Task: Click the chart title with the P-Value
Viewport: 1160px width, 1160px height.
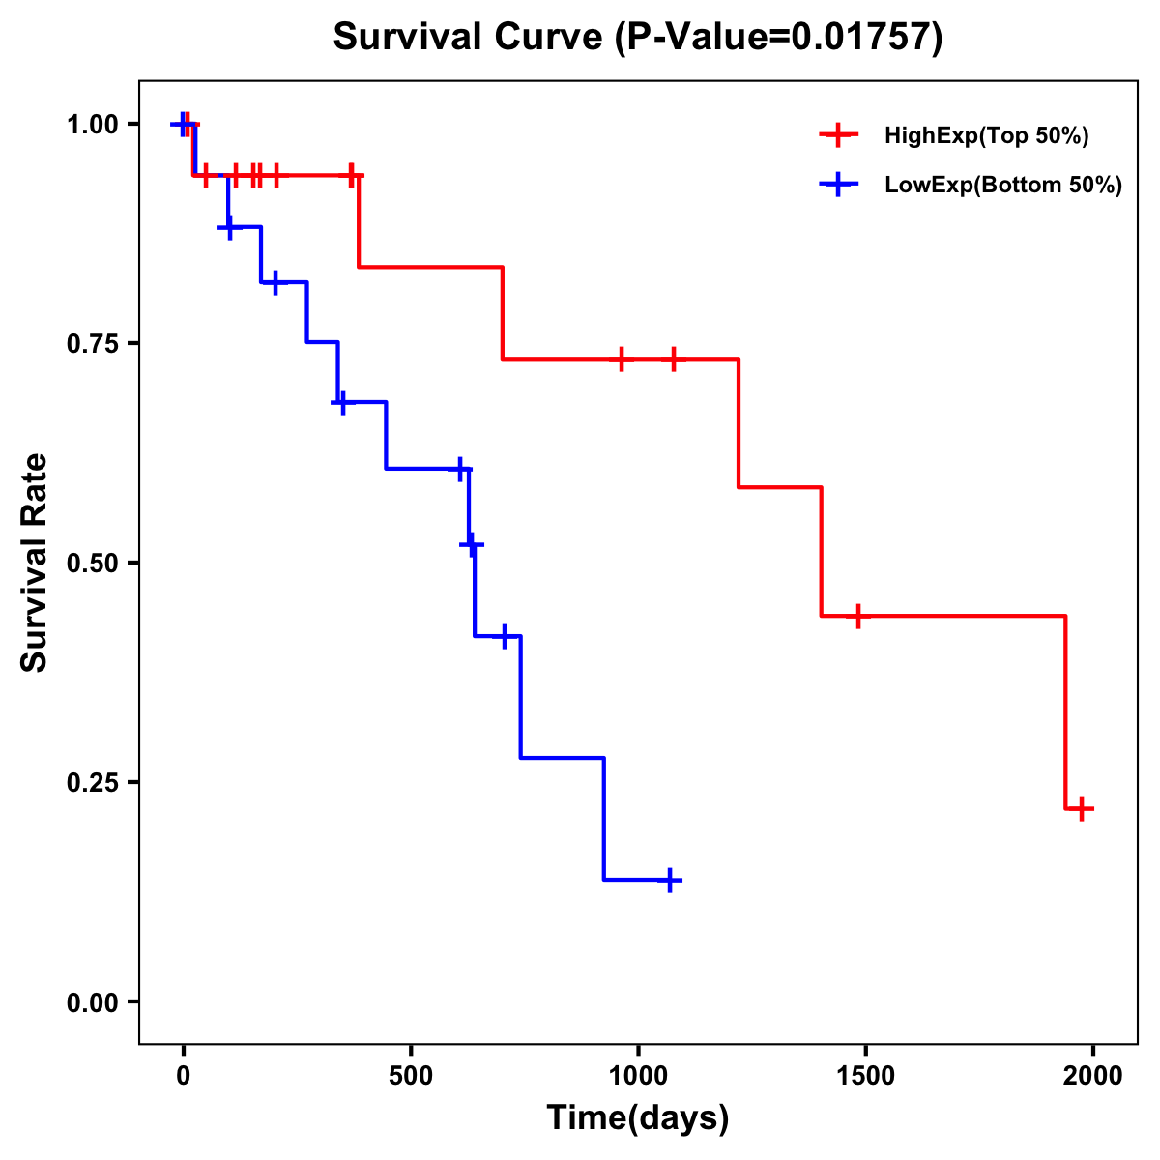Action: coord(637,38)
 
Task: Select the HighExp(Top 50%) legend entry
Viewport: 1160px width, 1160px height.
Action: coord(986,136)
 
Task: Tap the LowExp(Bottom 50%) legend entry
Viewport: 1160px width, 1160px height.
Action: coord(1002,186)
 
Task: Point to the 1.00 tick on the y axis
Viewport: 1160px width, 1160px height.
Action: coord(93,125)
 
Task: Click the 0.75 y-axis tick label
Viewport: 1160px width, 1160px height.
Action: coord(93,344)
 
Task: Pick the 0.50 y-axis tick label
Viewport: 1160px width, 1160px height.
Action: coord(93,564)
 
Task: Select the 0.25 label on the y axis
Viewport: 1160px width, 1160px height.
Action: coord(93,783)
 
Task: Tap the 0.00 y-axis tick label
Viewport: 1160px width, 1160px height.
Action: coord(93,1002)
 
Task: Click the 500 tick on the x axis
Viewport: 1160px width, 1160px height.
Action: coord(411,1076)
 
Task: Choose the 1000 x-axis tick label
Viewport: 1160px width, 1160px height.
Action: coord(638,1076)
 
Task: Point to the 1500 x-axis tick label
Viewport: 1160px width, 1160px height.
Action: coord(865,1076)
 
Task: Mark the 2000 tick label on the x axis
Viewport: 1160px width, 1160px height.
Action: coord(1092,1076)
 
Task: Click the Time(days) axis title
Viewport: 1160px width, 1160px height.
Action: coord(638,1118)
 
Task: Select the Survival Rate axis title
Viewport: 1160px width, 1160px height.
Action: coord(35,563)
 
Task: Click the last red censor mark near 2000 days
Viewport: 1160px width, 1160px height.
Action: coord(1082,809)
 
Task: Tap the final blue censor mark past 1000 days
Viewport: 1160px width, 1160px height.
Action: coord(670,881)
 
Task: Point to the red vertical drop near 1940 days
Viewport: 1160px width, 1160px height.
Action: coord(1065,712)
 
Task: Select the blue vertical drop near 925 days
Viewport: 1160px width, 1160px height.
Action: coord(604,819)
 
